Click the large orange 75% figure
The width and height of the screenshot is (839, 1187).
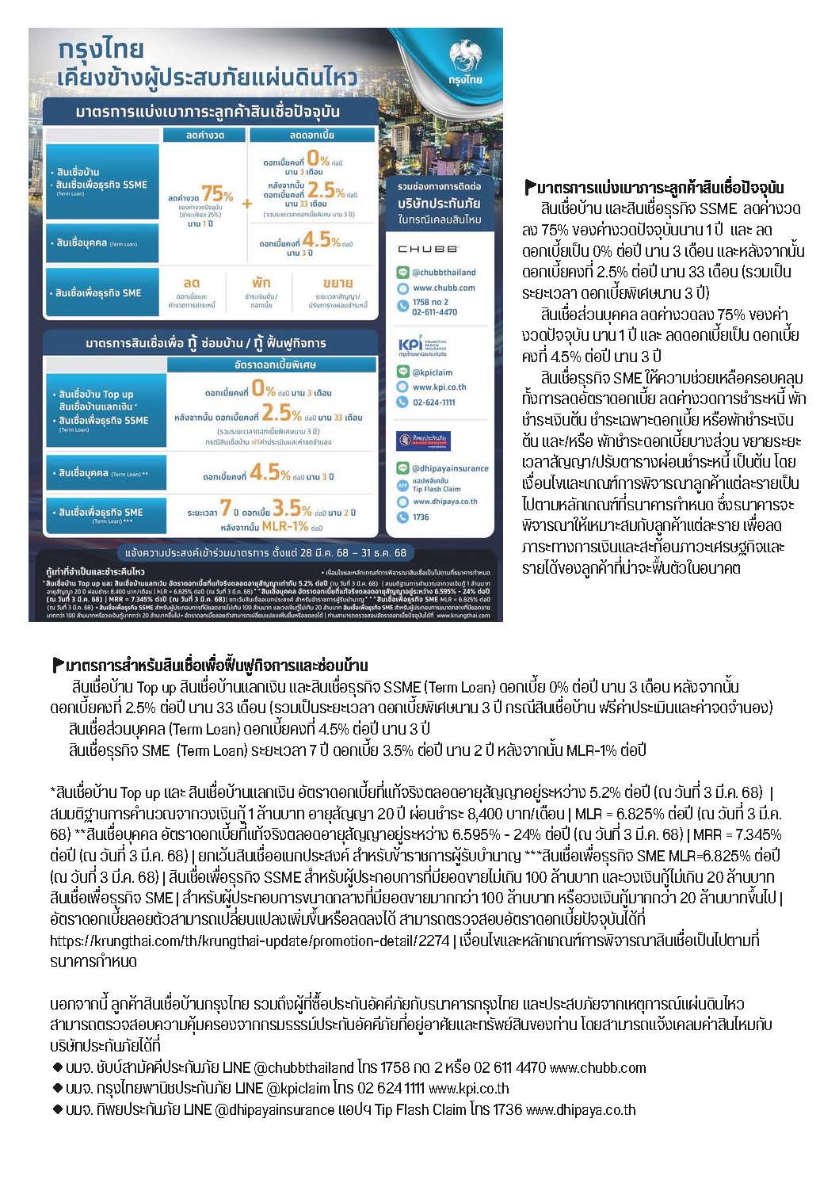pyautogui.click(x=217, y=194)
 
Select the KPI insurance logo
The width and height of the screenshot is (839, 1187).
pyautogui.click(x=411, y=346)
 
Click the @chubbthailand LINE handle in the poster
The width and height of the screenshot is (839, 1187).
pyautogui.click(x=444, y=273)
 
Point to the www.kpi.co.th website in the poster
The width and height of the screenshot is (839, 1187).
pyautogui.click(x=439, y=387)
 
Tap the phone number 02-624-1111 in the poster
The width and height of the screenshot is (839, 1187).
pyautogui.click(x=433, y=403)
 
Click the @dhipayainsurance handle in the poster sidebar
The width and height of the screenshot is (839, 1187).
pyautogui.click(x=450, y=468)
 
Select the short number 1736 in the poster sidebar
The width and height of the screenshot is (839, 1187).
pyautogui.click(x=421, y=517)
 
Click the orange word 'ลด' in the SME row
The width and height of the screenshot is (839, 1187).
pyautogui.click(x=191, y=283)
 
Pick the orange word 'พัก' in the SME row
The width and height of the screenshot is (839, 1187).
pyautogui.click(x=261, y=283)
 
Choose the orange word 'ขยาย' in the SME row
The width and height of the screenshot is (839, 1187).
pyautogui.click(x=338, y=283)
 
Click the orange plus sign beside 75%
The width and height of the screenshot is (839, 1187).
pyautogui.click(x=246, y=204)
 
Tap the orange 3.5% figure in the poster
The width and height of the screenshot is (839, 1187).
pyautogui.click(x=292, y=507)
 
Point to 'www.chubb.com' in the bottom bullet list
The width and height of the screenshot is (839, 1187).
pyautogui.click(x=597, y=1067)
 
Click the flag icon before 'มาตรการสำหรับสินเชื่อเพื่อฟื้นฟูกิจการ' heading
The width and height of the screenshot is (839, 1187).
pyautogui.click(x=58, y=664)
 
